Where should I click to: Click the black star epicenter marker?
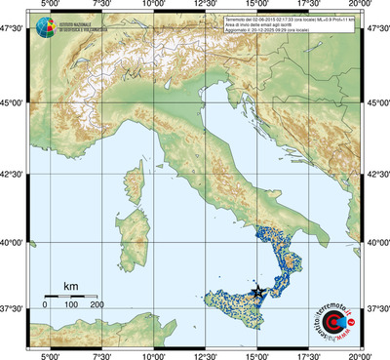(257, 293)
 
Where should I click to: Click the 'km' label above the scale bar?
(70, 286)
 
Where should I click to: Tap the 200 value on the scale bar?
(97, 305)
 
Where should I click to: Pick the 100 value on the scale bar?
(70, 305)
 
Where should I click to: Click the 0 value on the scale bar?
(44, 305)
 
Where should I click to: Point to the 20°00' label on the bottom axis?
(360, 354)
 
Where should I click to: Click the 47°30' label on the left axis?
(13, 29)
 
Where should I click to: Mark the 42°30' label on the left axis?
(13, 174)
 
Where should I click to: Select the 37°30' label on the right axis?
(376, 308)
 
